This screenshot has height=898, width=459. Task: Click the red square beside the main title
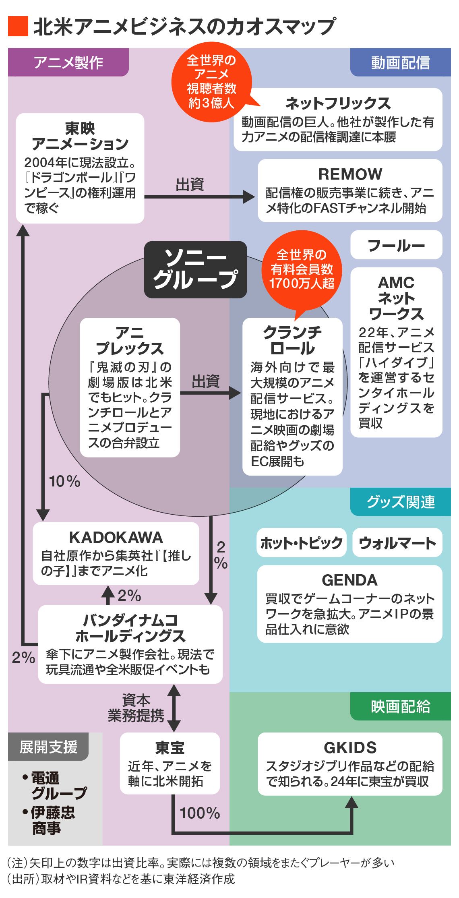coord(18,27)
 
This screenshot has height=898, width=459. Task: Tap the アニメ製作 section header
coord(68,62)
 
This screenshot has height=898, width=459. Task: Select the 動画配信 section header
coord(400,62)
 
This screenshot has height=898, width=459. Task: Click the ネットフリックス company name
coord(338,103)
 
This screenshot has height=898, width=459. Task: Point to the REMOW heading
coord(350,174)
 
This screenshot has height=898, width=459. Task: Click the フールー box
coord(396,245)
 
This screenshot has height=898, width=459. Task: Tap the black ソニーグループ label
coord(195,269)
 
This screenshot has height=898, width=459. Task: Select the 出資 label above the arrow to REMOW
coord(190,184)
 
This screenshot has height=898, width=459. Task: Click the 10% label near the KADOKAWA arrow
coord(64,481)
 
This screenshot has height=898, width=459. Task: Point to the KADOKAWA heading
coord(116,537)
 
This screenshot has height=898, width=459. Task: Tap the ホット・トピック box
coord(301,543)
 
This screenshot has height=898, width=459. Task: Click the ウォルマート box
coord(397,543)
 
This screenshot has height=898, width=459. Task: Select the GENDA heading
coord(349,580)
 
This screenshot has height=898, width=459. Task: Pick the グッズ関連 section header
coord(400,502)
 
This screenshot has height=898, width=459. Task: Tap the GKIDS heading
coord(350,747)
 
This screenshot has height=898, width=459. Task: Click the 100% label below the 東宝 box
coord(200,813)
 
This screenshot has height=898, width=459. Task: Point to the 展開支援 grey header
coord(48,747)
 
